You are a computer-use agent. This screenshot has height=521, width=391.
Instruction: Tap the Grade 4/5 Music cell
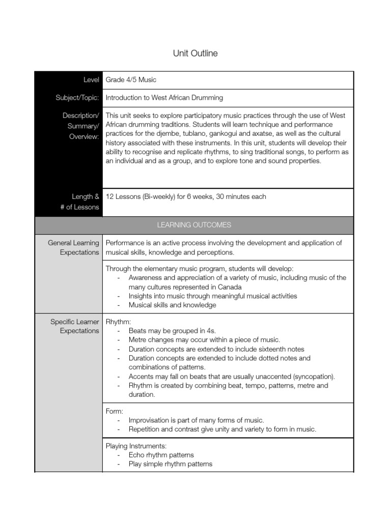131,80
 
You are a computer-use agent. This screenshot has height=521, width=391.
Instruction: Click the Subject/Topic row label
77,98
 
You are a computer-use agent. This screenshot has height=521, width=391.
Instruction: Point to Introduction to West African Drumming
164,98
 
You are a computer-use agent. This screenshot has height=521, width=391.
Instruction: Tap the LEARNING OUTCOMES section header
193,224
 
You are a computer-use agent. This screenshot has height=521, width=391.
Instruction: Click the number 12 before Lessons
109,196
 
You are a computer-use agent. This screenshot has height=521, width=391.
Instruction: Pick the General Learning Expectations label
74,248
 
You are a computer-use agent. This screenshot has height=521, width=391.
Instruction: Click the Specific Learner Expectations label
75,326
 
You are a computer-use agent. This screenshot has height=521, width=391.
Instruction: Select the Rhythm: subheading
118,322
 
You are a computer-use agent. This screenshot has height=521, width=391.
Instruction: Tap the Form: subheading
115,411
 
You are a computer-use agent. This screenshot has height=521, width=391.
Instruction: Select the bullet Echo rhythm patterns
161,455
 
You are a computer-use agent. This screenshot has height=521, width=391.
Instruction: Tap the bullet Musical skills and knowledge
172,305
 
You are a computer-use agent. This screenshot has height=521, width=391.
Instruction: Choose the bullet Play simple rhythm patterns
170,464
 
